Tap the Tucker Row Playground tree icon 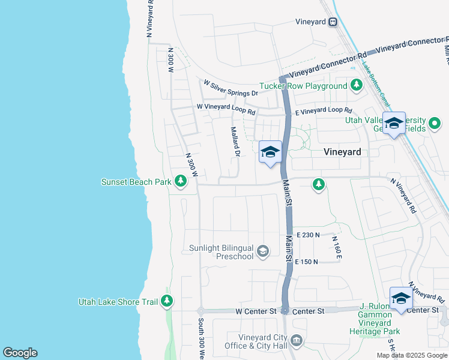pyautogui.click(x=357, y=85)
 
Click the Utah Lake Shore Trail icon pyautogui.click(x=167, y=301)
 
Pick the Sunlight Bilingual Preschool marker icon pyautogui.click(x=262, y=251)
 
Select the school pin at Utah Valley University pyautogui.click(x=394, y=124)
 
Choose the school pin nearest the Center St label pyautogui.click(x=401, y=298)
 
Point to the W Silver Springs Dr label pyautogui.click(x=231, y=89)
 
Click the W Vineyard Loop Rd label pyautogui.click(x=226, y=109)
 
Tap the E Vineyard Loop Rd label pyautogui.click(x=323, y=110)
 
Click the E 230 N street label pyautogui.click(x=307, y=235)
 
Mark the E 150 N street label pyautogui.click(x=306, y=262)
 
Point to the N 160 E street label pyautogui.click(x=337, y=247)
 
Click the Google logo pyautogui.click(x=20, y=353)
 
